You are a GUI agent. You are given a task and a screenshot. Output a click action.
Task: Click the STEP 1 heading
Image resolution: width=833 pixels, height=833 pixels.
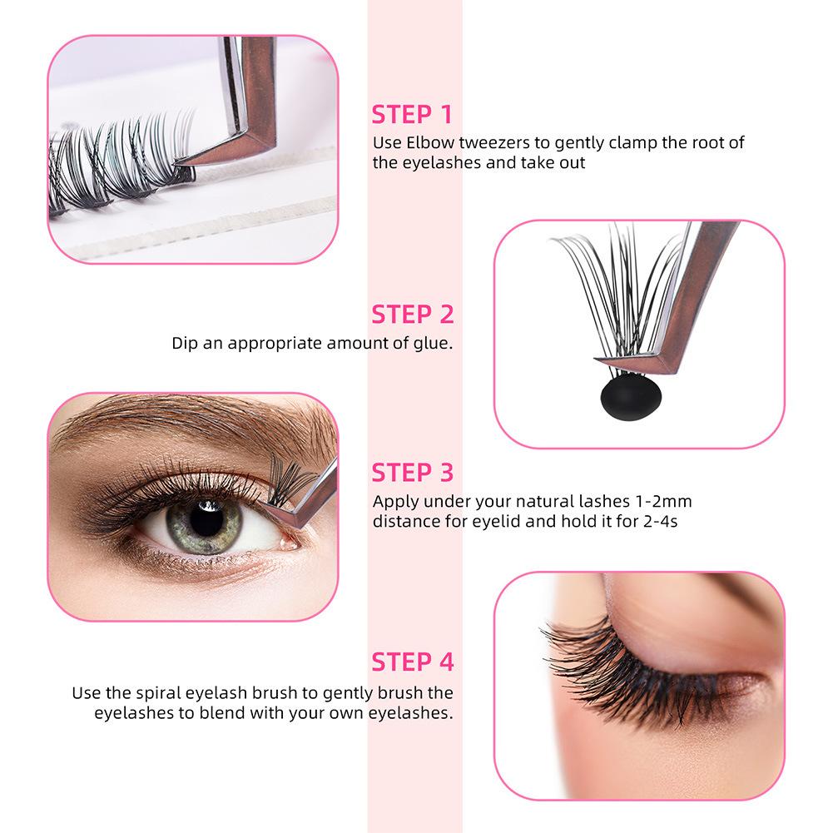click(412, 115)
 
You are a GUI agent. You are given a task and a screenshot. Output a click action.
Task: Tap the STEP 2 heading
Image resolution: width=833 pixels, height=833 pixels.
click(413, 315)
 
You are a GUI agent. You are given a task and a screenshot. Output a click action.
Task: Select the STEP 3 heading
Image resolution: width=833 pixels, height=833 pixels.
click(413, 473)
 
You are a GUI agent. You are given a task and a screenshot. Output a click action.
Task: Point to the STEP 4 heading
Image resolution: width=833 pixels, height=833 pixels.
click(413, 662)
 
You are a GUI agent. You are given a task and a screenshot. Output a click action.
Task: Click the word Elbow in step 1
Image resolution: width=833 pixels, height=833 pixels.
click(430, 142)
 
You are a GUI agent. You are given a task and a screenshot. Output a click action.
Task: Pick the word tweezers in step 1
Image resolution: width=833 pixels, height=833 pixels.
click(494, 143)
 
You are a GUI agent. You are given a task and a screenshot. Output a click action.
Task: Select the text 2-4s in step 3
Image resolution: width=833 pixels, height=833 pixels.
click(661, 522)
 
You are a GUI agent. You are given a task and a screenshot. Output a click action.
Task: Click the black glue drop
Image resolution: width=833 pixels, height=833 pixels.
click(631, 396)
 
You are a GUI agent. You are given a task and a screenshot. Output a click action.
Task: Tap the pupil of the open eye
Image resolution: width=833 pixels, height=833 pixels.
click(206, 519)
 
